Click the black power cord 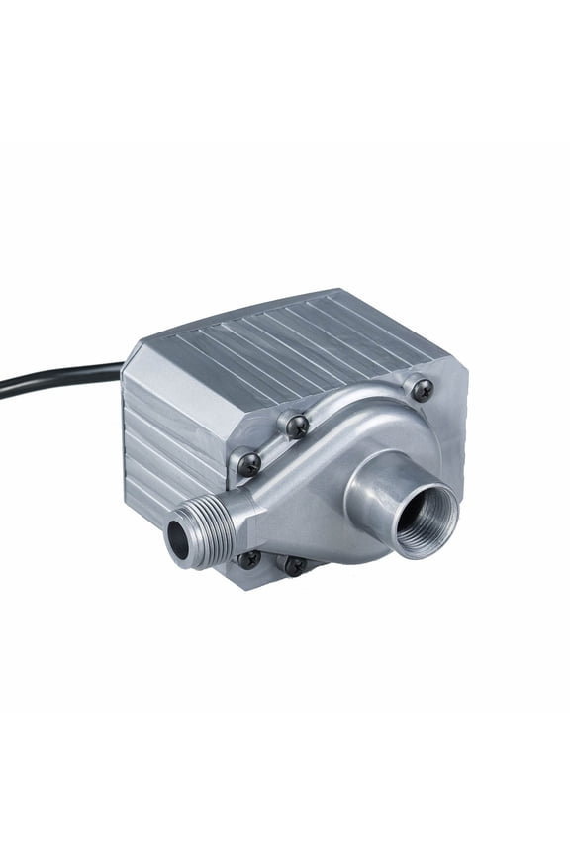point(59,377)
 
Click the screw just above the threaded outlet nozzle point(245,460)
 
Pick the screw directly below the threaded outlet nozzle point(248,559)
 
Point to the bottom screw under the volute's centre point(293,564)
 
